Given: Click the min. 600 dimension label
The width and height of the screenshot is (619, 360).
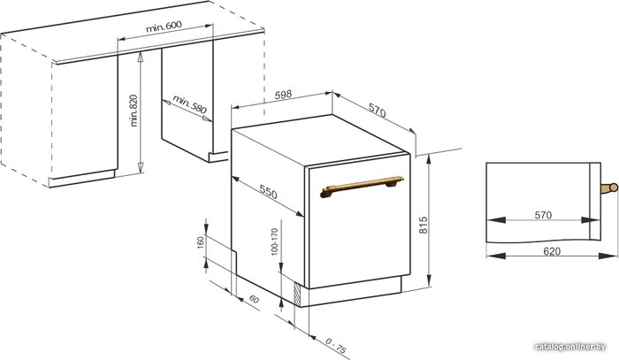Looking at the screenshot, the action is [x=164, y=27].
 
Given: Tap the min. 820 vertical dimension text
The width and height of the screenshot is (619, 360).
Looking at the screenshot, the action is [x=134, y=111].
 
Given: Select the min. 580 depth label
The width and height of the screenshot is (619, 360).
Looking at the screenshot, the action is [x=189, y=103].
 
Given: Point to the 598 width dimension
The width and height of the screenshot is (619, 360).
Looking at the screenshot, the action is [x=283, y=95].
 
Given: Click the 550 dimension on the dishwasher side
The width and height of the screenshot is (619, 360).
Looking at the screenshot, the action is [x=268, y=191].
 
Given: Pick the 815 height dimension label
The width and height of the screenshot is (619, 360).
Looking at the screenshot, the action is [x=424, y=225].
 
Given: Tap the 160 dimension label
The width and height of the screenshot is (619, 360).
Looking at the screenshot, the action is [x=201, y=242].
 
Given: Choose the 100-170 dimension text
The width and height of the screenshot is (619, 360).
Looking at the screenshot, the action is [x=275, y=241].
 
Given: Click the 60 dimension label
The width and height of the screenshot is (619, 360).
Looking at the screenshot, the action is [x=255, y=300].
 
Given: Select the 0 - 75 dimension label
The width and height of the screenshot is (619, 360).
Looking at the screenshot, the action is [x=336, y=346].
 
